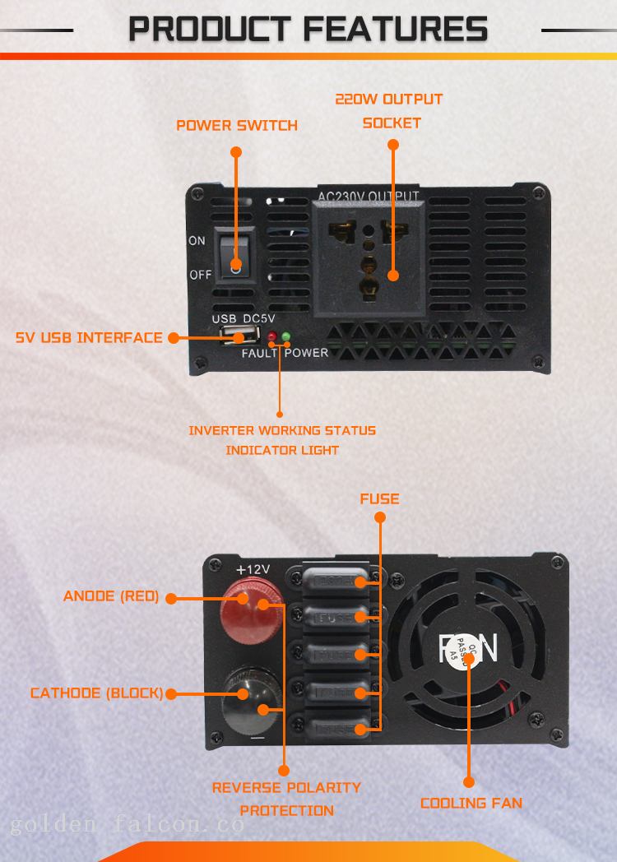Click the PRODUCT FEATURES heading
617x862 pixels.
[308, 30]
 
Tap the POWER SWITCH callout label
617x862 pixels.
[237, 126]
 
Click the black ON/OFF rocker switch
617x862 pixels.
[235, 253]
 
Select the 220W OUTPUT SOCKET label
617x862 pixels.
[389, 111]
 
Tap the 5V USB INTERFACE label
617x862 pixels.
[89, 337]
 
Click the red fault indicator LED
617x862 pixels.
[271, 336]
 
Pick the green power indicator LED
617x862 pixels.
[285, 336]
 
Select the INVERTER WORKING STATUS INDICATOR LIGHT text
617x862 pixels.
[282, 440]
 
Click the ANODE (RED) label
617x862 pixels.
[111, 596]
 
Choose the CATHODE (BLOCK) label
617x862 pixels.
[96, 693]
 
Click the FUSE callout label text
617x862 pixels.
[379, 498]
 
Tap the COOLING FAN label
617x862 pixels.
[471, 803]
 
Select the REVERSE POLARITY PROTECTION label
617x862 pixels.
[286, 799]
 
